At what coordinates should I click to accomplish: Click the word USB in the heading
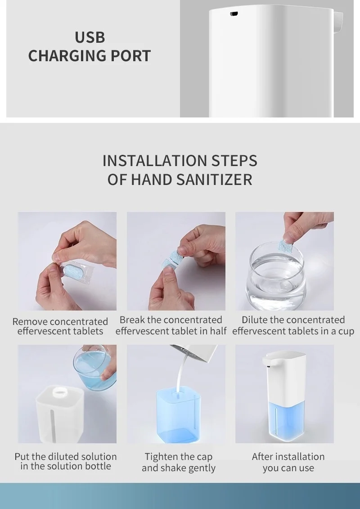pos(90,37)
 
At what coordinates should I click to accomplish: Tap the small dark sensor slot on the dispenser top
pos(234,14)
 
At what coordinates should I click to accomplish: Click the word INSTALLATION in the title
pos(154,161)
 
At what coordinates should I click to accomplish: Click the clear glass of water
pos(276,276)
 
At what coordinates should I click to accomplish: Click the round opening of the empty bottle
pos(59,393)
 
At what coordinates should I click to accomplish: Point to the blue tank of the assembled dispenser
pos(286,420)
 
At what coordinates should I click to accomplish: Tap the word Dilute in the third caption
pos(255,320)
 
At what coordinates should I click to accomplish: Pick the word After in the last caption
pos(261,456)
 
